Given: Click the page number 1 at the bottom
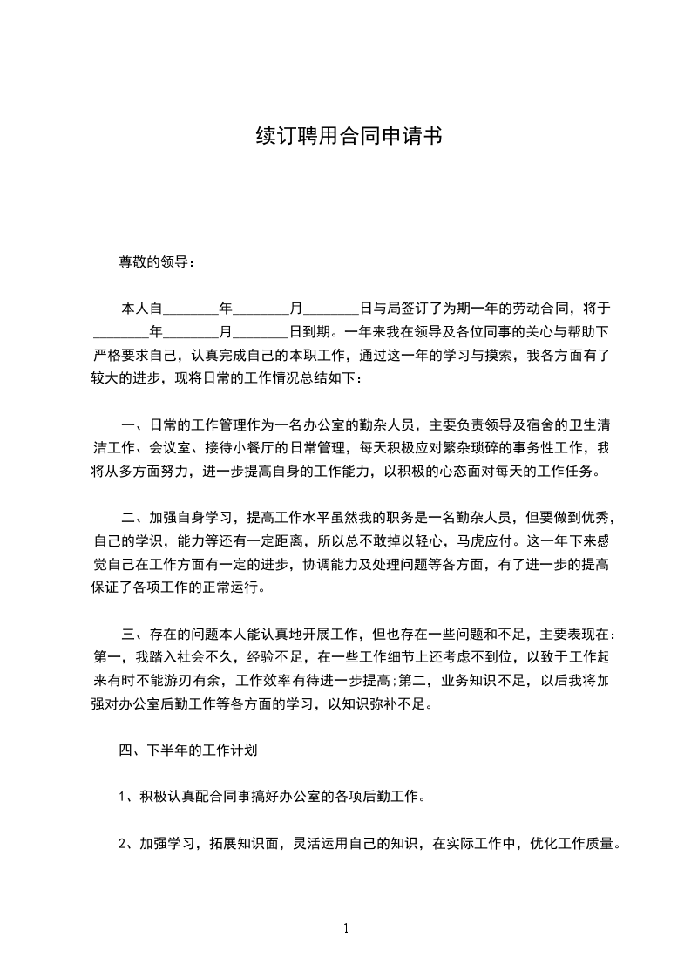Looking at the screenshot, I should (346, 927).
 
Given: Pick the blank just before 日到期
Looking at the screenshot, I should (261, 332).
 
